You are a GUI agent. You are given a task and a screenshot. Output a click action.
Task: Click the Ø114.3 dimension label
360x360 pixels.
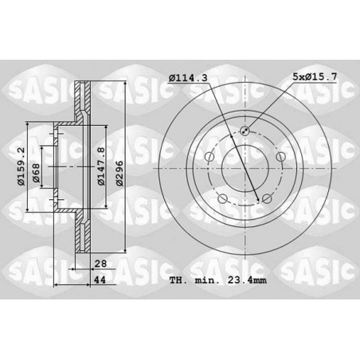coord(188,78)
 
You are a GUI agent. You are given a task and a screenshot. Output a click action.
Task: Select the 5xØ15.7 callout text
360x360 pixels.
coord(315,77)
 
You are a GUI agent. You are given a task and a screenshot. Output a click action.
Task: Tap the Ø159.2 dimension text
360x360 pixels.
coord(22,166)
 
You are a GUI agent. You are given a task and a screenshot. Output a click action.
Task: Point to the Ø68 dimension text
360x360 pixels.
coord(36,173)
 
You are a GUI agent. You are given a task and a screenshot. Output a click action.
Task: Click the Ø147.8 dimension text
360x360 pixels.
coord(101,166)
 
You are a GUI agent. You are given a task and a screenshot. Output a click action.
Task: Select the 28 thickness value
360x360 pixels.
coord(100,264)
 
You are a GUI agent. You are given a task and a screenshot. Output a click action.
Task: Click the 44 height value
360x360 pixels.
coord(100,280)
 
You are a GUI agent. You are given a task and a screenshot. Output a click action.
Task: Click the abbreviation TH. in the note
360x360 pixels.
coord(178,280)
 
